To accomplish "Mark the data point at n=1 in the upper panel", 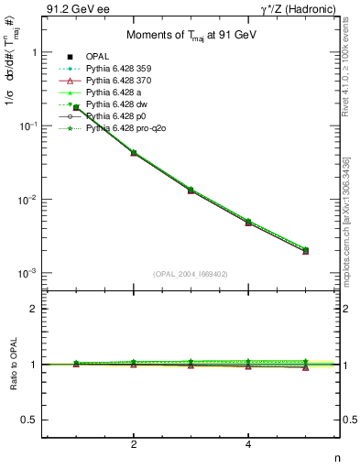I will (x=76, y=108).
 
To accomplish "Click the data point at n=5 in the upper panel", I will (x=306, y=250).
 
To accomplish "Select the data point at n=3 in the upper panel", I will (x=191, y=190).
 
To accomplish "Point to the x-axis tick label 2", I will (x=134, y=445).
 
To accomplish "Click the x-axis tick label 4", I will (x=248, y=445).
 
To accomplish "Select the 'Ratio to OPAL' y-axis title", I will (x=11, y=365).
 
